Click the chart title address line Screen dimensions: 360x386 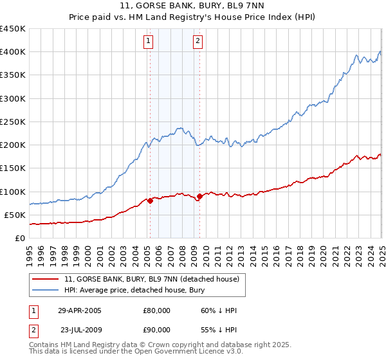pyautogui.click(x=193, y=6)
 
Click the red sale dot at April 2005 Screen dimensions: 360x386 pyautogui.click(x=150, y=201)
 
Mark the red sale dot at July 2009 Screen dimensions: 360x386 pyautogui.click(x=199, y=196)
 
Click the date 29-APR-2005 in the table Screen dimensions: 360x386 pyautogui.click(x=80, y=310)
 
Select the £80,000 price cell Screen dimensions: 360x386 pyautogui.click(x=157, y=310)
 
